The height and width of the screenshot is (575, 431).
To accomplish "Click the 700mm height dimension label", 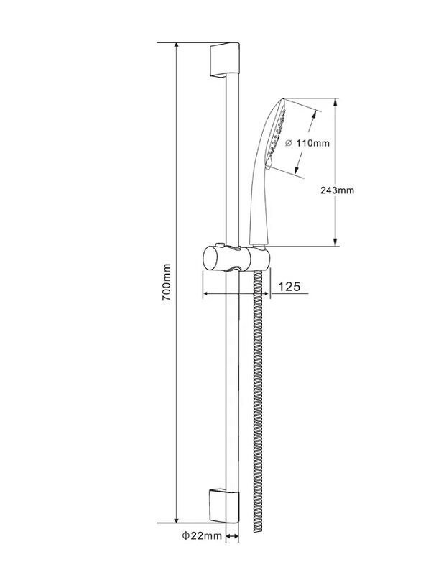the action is tap(167, 282).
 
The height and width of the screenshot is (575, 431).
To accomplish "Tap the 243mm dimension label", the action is tap(337, 190).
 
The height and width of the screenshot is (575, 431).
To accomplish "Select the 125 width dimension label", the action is tap(289, 286).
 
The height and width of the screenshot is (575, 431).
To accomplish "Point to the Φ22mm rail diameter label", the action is tap(203, 535).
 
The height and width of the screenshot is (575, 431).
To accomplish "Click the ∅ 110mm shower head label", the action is tap(307, 142).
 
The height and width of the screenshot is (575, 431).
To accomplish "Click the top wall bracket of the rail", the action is tap(225, 60).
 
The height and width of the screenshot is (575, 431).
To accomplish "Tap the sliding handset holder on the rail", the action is tap(236, 259).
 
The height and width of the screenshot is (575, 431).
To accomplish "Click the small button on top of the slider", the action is tap(220, 244).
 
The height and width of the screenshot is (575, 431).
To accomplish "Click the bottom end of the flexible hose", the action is tap(258, 531).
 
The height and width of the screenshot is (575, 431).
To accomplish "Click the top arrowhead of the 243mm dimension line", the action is tap(335, 102).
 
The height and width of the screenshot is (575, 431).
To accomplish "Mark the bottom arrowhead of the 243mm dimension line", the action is tap(335, 242).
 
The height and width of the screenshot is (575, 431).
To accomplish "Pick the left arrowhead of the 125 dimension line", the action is tap(206, 293).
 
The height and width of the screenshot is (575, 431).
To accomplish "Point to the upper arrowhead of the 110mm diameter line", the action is tap(314, 114).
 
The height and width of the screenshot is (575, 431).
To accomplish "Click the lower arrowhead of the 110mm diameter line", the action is tap(296, 170).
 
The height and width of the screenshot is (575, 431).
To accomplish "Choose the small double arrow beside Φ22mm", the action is tap(232, 536).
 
